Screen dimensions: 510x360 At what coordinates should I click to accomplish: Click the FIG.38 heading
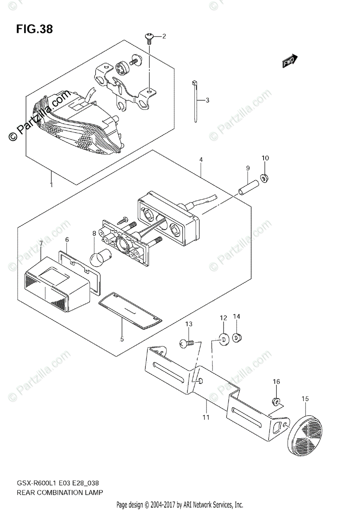tap(35, 29)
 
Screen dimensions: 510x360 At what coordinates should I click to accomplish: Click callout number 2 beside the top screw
tap(164, 36)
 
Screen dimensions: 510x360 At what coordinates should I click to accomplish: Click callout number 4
tap(201, 160)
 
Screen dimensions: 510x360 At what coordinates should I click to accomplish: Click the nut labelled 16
tap(276, 400)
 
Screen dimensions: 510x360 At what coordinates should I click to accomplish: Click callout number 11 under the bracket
tap(206, 417)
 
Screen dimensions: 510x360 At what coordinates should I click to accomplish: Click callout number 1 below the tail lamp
tap(51, 185)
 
